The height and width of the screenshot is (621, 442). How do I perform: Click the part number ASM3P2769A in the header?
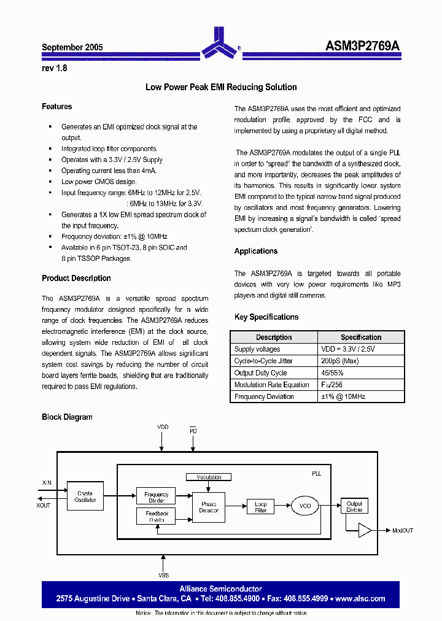point(362,47)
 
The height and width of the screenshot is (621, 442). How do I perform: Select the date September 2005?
point(72,47)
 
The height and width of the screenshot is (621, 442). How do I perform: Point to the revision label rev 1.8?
point(55,69)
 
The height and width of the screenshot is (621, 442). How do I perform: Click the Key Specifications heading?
point(266,317)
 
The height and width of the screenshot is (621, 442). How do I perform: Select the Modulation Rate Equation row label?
point(272,385)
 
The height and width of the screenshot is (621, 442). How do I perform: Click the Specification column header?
point(360,337)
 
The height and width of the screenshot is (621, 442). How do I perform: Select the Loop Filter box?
point(261,507)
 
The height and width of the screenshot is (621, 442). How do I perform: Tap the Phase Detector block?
point(209,507)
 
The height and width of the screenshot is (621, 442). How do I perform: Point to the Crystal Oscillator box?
point(85,496)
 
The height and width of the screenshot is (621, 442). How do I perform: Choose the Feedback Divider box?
point(156,516)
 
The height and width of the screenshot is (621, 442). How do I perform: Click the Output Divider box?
point(354,506)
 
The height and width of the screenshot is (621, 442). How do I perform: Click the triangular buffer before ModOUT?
point(365,530)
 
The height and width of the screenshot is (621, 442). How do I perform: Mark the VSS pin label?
point(163,575)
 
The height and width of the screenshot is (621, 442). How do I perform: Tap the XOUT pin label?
point(44,504)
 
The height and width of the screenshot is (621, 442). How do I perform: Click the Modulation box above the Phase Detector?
point(209,477)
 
